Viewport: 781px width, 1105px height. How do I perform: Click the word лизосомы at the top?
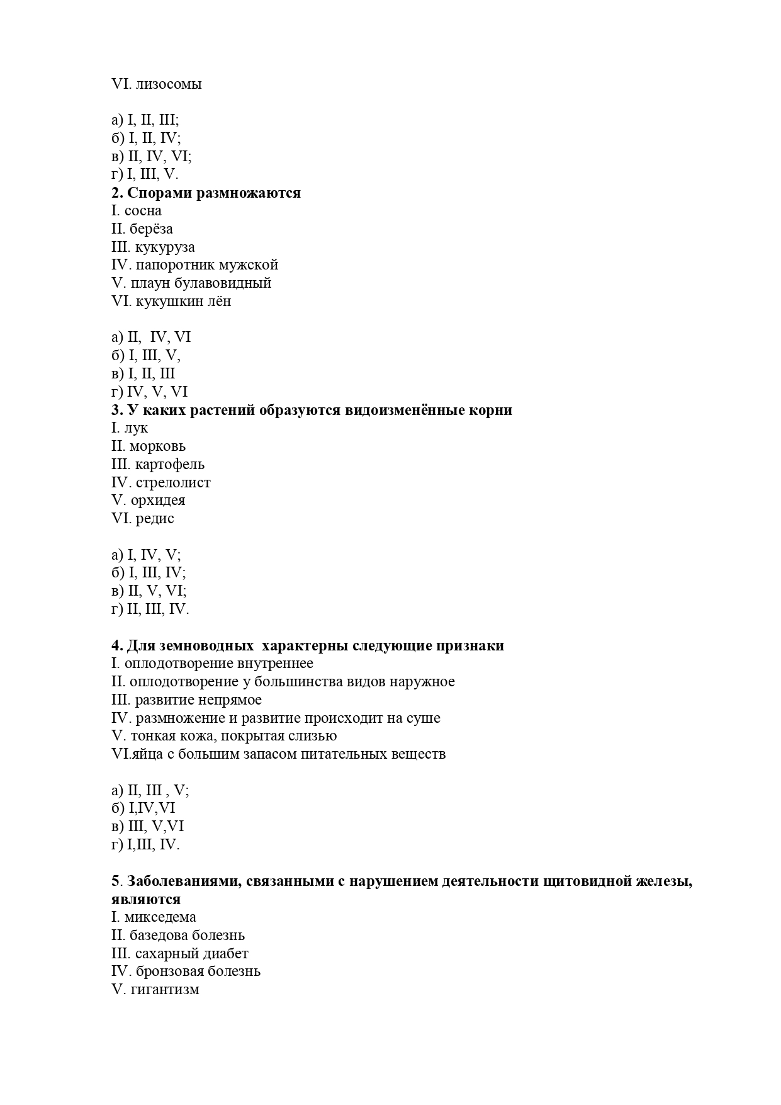169,84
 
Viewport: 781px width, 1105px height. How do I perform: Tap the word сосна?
143,211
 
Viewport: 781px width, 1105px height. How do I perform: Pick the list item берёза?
151,229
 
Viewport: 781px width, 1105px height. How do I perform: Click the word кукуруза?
165,247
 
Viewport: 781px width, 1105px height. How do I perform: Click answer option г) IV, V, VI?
149,392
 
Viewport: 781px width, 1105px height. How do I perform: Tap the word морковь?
157,446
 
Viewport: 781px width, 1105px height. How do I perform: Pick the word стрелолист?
173,483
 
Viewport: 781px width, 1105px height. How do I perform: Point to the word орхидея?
158,501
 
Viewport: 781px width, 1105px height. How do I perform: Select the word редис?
155,519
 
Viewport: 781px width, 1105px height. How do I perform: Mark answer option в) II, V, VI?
149,591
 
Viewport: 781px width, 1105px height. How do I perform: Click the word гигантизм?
165,989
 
